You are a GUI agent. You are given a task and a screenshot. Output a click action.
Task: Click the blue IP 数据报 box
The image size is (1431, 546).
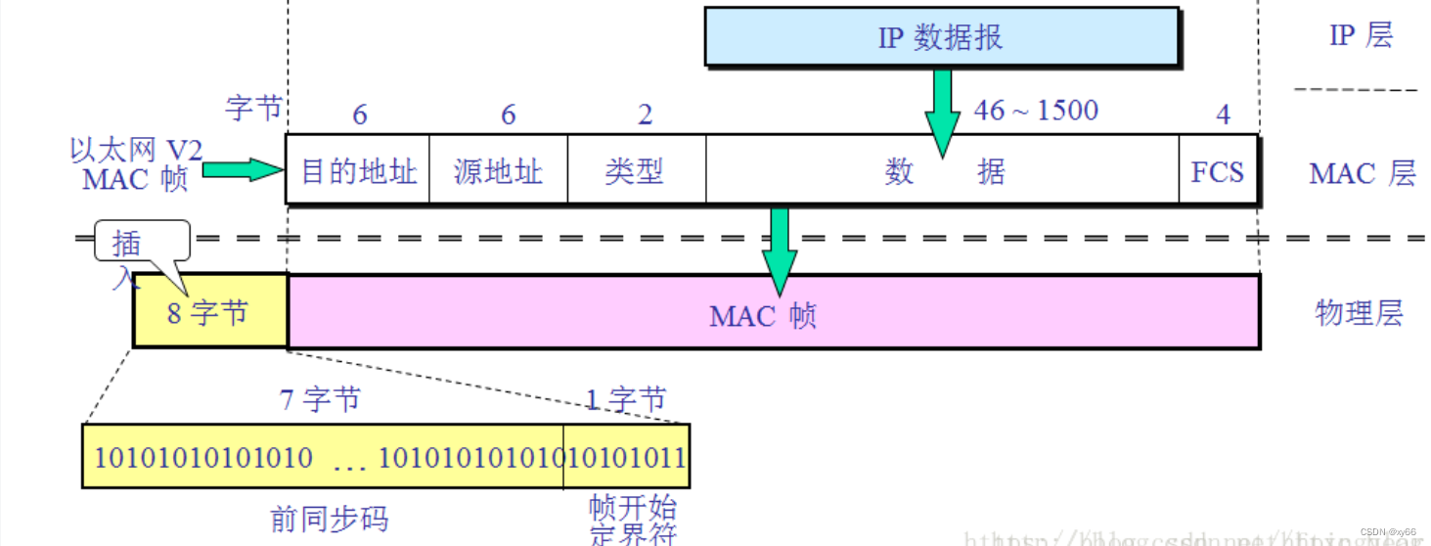tap(941, 38)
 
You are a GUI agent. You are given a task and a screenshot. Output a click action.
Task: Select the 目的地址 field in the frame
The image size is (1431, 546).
tap(358, 170)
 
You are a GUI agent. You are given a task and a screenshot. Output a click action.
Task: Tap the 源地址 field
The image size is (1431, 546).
tap(498, 170)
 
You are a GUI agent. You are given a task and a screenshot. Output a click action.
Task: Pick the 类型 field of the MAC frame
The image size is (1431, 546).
tap(636, 170)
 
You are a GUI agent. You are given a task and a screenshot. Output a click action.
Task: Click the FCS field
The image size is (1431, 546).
tap(1218, 170)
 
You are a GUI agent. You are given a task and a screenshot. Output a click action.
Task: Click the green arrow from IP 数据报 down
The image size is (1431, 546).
tap(943, 113)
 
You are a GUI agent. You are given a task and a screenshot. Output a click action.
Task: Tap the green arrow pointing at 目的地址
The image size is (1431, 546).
tap(242, 170)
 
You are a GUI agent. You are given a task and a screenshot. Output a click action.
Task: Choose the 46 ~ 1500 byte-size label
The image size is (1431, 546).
tap(1036, 110)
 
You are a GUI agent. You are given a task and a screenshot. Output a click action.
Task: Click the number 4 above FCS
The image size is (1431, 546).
tap(1223, 114)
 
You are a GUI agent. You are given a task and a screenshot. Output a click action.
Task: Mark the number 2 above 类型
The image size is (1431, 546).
tap(645, 114)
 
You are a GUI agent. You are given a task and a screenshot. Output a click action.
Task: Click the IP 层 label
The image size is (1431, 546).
tap(1360, 36)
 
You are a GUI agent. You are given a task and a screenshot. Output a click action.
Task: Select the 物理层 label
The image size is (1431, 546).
tap(1359, 313)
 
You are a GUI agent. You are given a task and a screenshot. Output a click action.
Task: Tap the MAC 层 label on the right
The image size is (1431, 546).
tap(1362, 174)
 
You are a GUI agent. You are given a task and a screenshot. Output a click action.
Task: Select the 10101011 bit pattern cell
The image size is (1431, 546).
tap(627, 456)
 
